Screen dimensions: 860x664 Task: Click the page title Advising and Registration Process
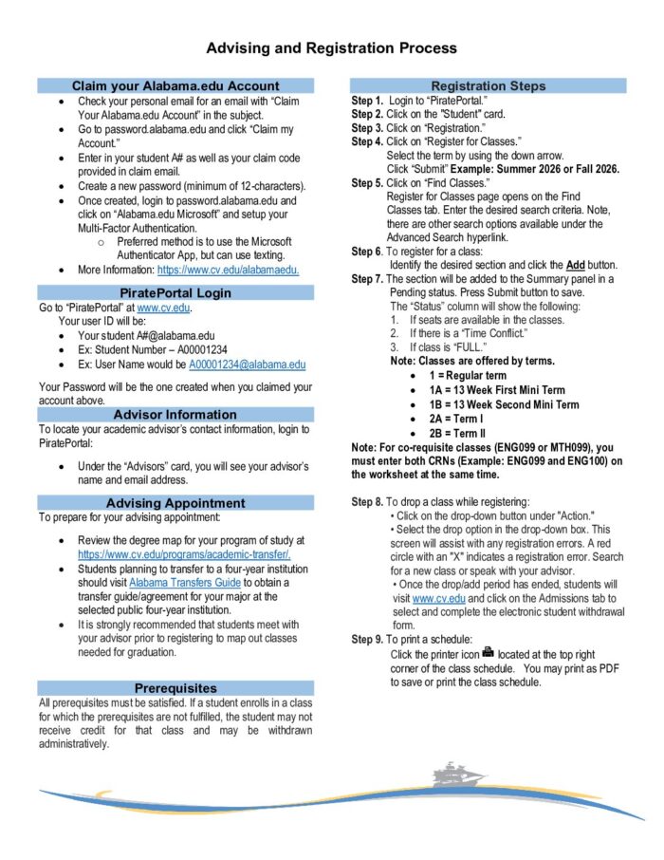(332, 47)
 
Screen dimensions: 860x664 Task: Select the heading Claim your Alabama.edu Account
(175, 85)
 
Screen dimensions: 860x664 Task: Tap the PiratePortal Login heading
(175, 292)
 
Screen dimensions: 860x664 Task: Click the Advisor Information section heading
(175, 415)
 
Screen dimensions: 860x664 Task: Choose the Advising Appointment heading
(175, 502)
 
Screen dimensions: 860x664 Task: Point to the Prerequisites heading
(175, 687)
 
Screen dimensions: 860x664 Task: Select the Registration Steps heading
(489, 85)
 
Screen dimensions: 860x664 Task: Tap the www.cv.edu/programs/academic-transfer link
(184, 553)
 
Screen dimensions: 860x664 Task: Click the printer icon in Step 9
(488, 653)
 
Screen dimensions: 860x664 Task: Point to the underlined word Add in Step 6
(575, 265)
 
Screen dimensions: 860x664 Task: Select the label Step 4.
(367, 141)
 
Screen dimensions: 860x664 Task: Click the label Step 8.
(367, 501)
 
